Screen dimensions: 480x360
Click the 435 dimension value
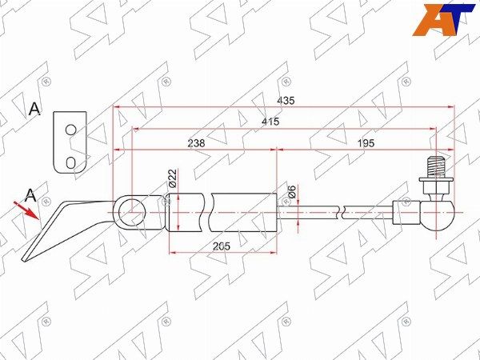(286, 101)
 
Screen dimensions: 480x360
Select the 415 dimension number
(270, 122)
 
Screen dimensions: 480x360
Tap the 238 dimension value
(196, 142)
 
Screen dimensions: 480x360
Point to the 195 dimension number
(366, 142)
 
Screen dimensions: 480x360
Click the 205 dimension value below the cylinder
(222, 246)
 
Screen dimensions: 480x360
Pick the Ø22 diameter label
(173, 178)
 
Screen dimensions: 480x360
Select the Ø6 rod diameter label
(292, 192)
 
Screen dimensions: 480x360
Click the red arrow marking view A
(26, 210)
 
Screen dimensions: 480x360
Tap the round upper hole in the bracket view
(70, 130)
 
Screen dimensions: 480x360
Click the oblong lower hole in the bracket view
(70, 162)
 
